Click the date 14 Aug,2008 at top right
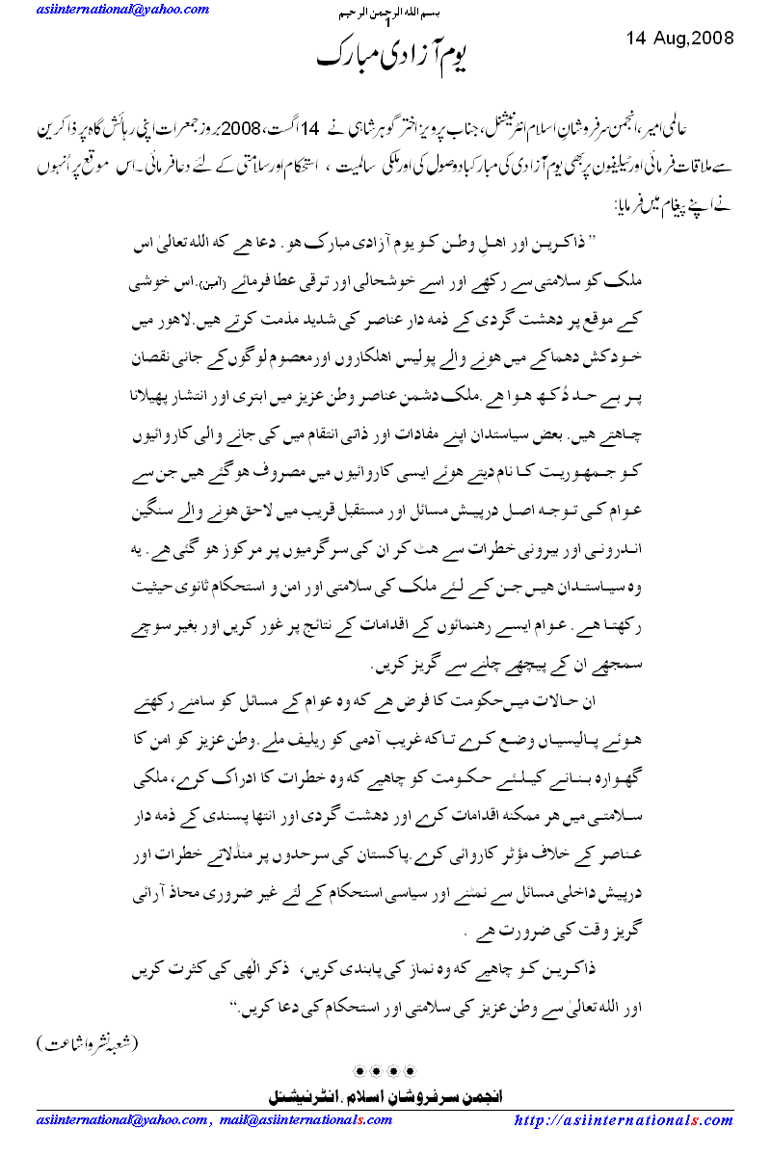pyautogui.click(x=679, y=39)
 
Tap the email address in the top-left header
pyautogui.click(x=106, y=10)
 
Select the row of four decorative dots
pyautogui.click(x=385, y=1070)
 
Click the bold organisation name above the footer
pyautogui.click(x=385, y=1096)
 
